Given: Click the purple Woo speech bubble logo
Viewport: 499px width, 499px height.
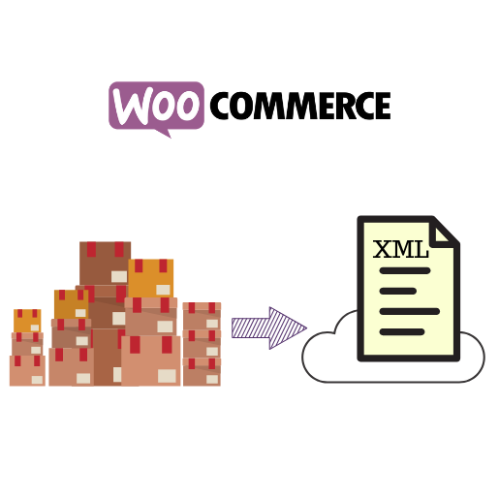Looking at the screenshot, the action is click(156, 107).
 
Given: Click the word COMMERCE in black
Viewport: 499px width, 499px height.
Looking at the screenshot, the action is click(300, 106).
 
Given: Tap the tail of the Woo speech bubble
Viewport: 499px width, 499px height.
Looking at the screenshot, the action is click(164, 133).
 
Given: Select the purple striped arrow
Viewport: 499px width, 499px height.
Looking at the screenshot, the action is click(269, 328).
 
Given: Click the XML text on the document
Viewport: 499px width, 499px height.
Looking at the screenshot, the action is click(400, 249).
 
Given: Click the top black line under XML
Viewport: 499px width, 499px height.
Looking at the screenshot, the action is click(405, 270).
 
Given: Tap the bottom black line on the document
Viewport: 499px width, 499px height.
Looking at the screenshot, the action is click(402, 331).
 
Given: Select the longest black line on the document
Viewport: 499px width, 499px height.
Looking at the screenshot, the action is click(410, 311).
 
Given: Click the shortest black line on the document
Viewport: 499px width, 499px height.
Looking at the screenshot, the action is click(397, 291).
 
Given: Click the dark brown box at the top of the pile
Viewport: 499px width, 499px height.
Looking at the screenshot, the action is click(105, 264).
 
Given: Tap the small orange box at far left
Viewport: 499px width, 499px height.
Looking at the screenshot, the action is click(27, 321).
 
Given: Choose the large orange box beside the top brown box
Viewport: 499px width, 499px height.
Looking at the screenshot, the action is click(150, 278).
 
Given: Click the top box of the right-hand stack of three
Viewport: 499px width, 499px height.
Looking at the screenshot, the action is click(202, 316).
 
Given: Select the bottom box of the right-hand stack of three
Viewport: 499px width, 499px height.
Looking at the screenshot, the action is click(202, 371).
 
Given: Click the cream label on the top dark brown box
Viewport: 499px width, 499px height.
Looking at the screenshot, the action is click(119, 276).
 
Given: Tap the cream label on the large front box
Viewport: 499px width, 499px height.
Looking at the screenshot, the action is click(167, 376).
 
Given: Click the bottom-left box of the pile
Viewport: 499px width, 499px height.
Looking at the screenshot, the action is click(27, 370).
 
